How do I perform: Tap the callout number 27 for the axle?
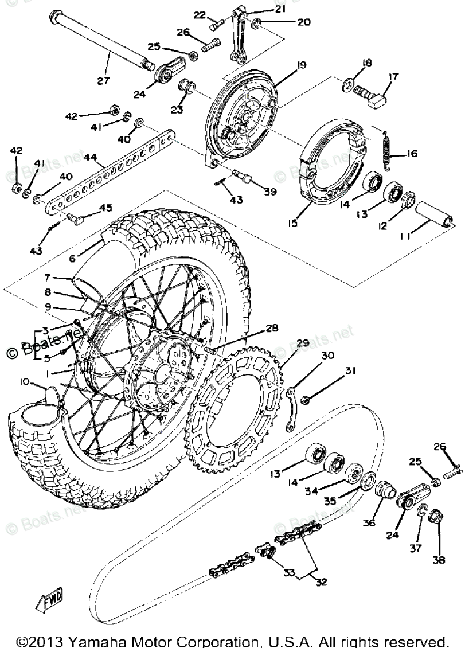tap(103, 80)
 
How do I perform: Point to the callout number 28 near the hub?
tap(272, 329)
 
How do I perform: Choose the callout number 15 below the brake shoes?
tap(292, 222)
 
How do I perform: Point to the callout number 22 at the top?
tap(198, 15)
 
